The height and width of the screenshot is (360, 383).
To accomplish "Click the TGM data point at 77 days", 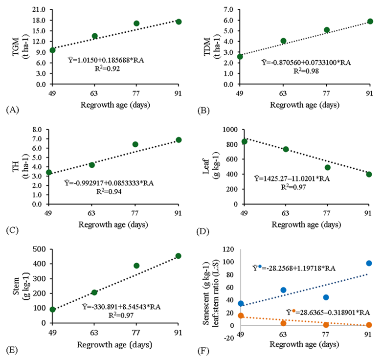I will [136, 23].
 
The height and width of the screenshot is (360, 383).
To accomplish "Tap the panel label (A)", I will [12, 110].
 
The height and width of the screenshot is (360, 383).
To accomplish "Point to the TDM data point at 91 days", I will [370, 22].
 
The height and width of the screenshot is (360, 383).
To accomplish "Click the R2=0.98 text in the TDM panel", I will [306, 70].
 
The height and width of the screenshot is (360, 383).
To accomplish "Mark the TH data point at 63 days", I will [91, 165].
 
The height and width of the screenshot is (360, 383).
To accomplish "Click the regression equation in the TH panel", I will [106, 182].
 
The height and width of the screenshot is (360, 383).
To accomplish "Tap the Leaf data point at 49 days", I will [245, 142].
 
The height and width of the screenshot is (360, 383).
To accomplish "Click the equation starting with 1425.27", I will [292, 179].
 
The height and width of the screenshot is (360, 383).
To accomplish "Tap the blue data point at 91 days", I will [369, 263].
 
